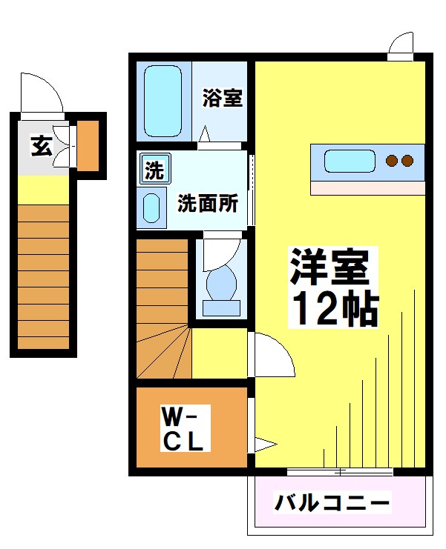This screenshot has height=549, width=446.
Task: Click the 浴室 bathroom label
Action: tap(223, 99)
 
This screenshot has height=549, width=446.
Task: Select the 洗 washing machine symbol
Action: tap(154, 170)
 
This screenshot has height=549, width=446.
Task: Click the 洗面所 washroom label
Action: tap(207, 204)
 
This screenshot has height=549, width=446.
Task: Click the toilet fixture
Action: tap(220, 285)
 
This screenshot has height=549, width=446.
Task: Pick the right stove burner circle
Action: tap(407, 160)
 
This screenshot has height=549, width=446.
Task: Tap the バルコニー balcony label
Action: tap(332, 504)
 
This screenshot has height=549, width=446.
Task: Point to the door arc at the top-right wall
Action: tap(399, 46)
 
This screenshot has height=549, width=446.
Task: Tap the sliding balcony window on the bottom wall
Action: tap(339, 472)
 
